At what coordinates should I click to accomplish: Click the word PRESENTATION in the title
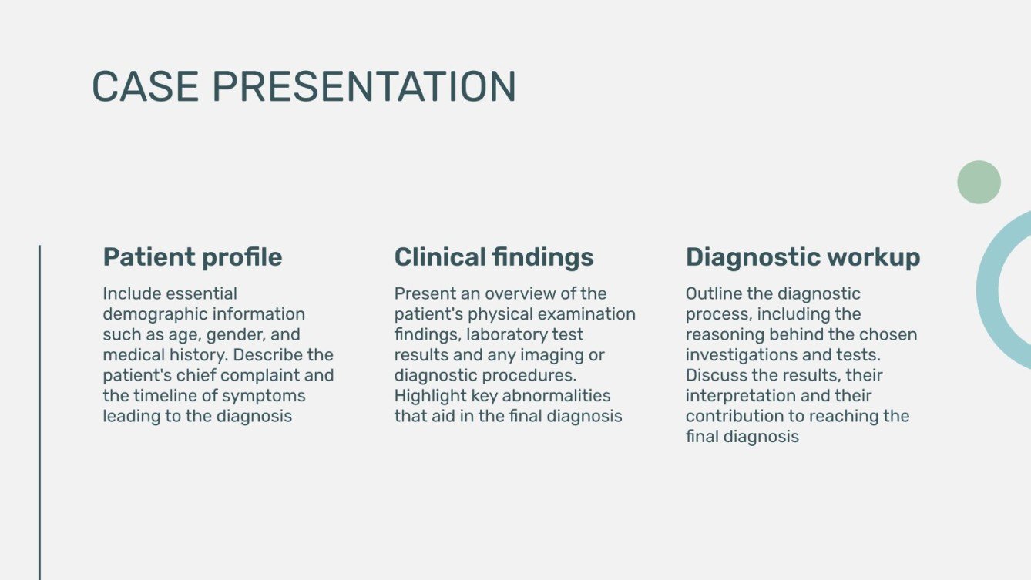[364, 86]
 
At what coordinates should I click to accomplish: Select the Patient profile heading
[193, 257]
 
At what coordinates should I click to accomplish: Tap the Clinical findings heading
[494, 257]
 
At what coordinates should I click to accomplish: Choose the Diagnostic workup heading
[803, 257]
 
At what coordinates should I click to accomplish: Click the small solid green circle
[979, 183]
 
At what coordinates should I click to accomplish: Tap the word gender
[232, 335]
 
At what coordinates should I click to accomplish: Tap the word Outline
[713, 294]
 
